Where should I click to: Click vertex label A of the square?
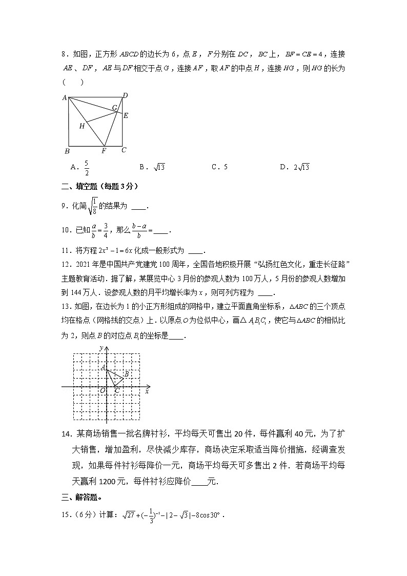[x=65, y=97]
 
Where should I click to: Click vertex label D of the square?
[x=125, y=95]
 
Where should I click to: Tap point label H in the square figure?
[x=81, y=126]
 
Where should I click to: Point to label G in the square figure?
[x=115, y=108]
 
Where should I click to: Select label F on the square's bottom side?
[x=104, y=151]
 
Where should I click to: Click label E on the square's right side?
[x=126, y=115]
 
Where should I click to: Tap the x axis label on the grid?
[x=147, y=391]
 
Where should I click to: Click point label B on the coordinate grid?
[x=126, y=374]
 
